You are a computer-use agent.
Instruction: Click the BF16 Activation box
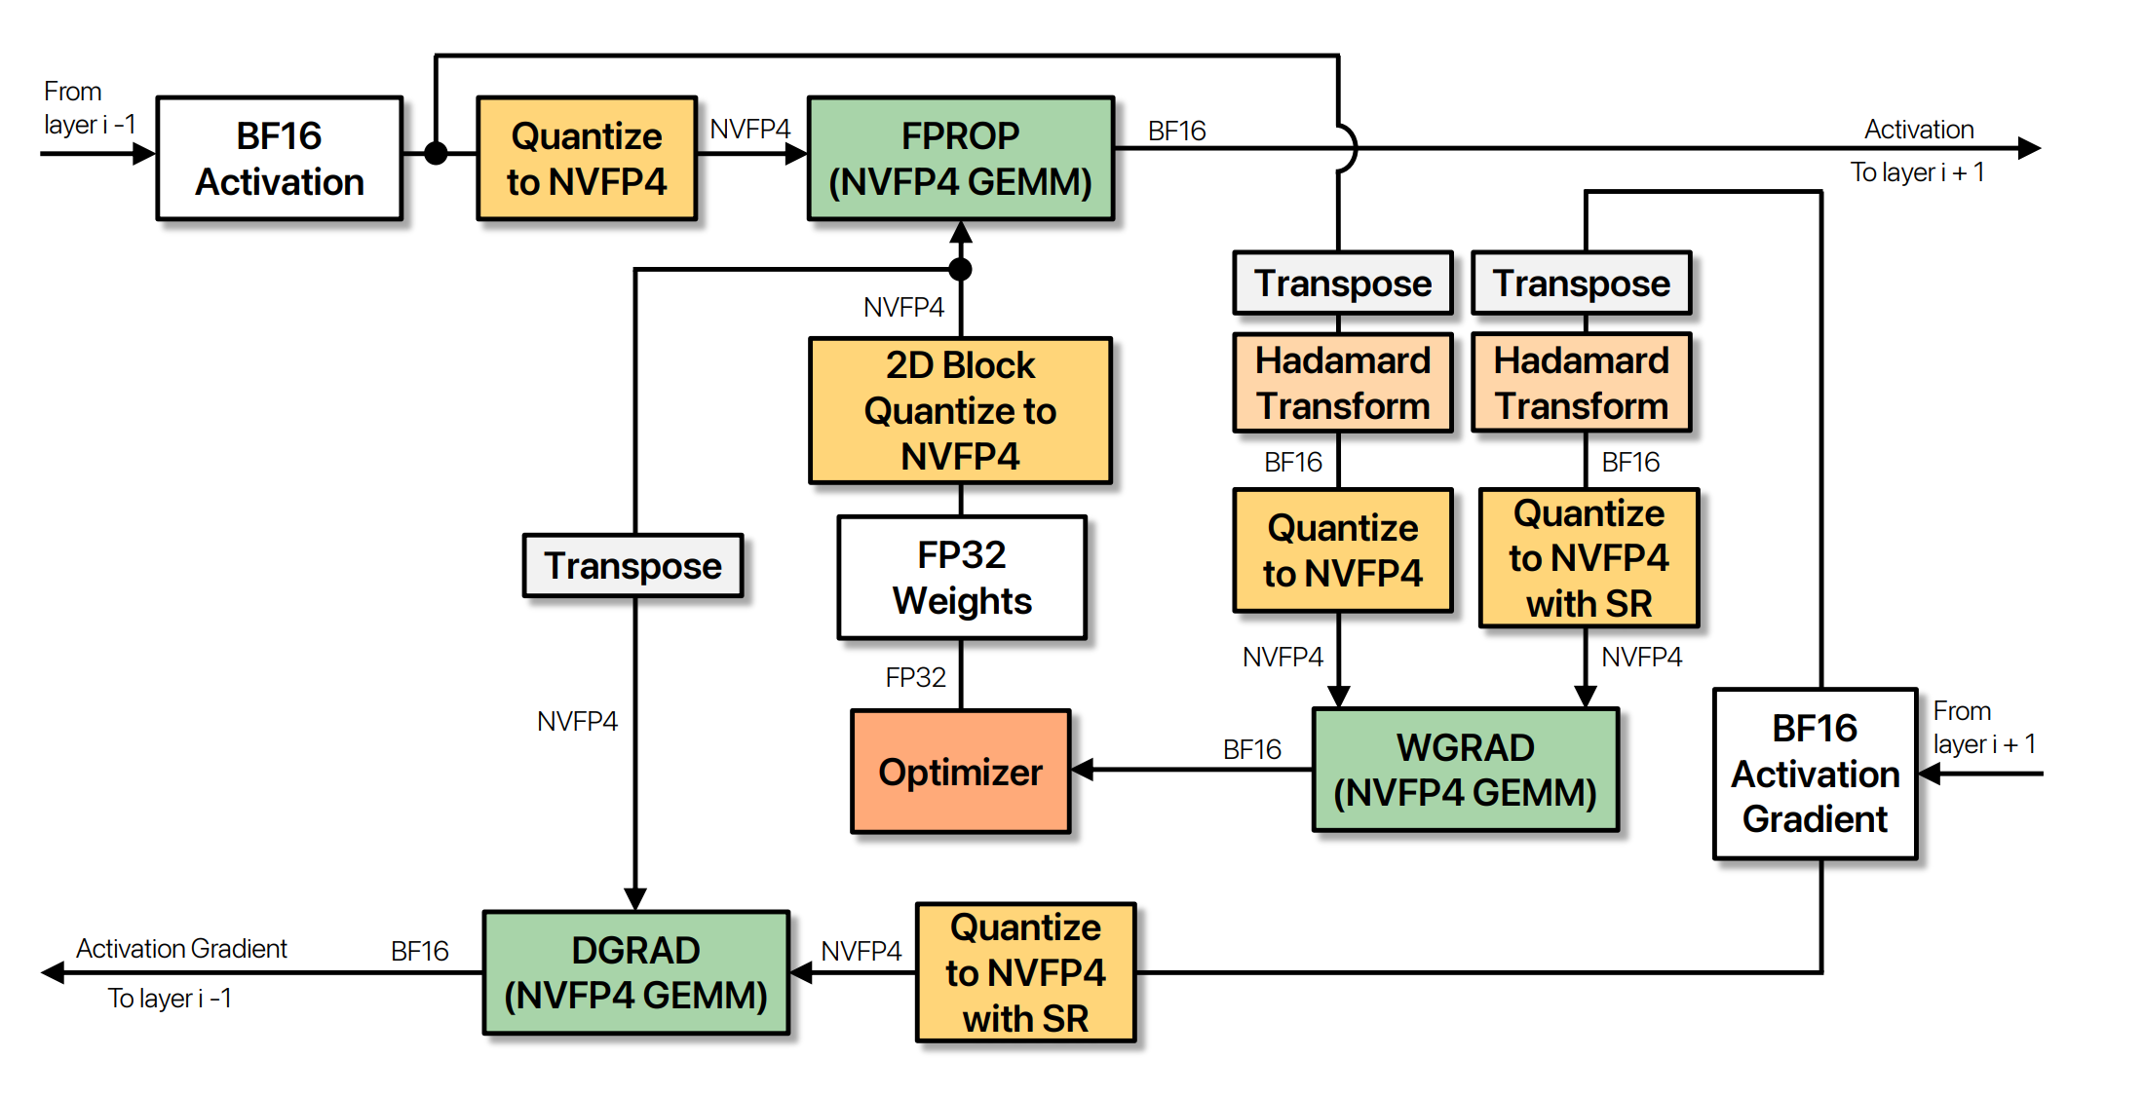[x=279, y=158]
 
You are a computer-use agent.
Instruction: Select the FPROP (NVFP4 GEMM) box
[x=960, y=158]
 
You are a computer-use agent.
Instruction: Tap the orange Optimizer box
[x=960, y=771]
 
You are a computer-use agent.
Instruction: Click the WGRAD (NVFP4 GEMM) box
[x=1465, y=770]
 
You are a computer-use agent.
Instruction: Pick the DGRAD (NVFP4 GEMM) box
[x=635, y=972]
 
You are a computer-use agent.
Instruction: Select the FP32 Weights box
[x=961, y=577]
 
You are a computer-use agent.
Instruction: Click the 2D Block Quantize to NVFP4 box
[x=960, y=410]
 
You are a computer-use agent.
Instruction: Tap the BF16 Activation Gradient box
[x=1815, y=774]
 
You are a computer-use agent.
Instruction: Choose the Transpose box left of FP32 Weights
[x=632, y=565]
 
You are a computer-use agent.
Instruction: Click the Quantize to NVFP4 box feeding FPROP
[x=586, y=158]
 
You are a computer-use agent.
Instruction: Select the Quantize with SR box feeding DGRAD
[x=1025, y=972]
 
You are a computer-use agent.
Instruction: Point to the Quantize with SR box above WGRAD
[x=1589, y=558]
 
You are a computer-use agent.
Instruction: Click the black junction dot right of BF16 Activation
[x=436, y=153]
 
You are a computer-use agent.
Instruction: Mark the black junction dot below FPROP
[x=960, y=269]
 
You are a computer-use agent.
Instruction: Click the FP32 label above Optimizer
[x=915, y=677]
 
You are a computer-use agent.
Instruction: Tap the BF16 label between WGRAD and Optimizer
[x=1251, y=749]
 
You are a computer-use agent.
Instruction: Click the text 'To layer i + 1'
[x=1917, y=172]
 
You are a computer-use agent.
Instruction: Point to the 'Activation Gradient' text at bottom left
[x=181, y=948]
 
